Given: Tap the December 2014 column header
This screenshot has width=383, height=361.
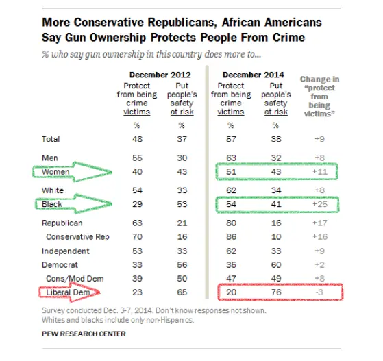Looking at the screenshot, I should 253,75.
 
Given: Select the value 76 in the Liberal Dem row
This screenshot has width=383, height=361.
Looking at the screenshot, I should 276,293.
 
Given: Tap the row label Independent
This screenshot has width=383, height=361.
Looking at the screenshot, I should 61,251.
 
